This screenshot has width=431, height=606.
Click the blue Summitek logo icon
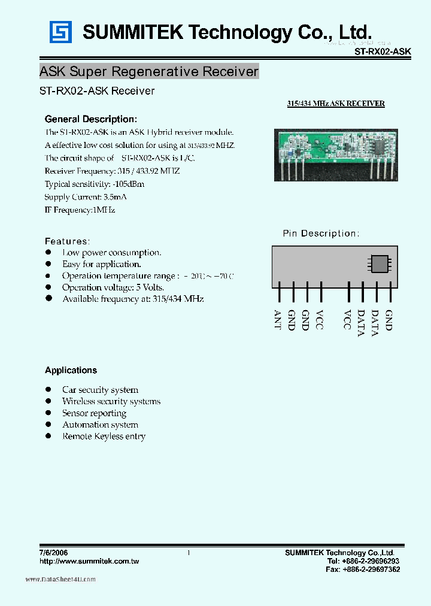pyautogui.click(x=60, y=32)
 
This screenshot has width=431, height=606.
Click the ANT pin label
pyautogui.click(x=277, y=320)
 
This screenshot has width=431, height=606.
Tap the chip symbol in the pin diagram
pyautogui.click(x=380, y=264)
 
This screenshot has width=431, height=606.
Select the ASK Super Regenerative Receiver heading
pyautogui.click(x=149, y=72)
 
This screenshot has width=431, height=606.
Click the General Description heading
pyautogui.click(x=91, y=119)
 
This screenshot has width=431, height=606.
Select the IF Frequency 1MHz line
pyautogui.click(x=80, y=210)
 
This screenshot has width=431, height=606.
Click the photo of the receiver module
pyautogui.click(x=336, y=154)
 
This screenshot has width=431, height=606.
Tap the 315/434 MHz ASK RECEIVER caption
pyautogui.click(x=336, y=104)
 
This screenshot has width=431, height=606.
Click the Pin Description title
pyautogui.click(x=321, y=234)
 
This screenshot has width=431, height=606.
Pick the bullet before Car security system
pyautogui.click(x=49, y=390)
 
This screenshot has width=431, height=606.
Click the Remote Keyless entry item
pyautogui.click(x=104, y=437)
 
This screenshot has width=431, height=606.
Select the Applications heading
pyautogui.click(x=71, y=371)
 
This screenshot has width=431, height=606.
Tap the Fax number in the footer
pyautogui.click(x=363, y=570)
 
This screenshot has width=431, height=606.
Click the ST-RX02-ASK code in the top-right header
pyautogui.click(x=383, y=52)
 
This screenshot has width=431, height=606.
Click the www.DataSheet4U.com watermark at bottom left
pyautogui.click(x=60, y=580)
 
